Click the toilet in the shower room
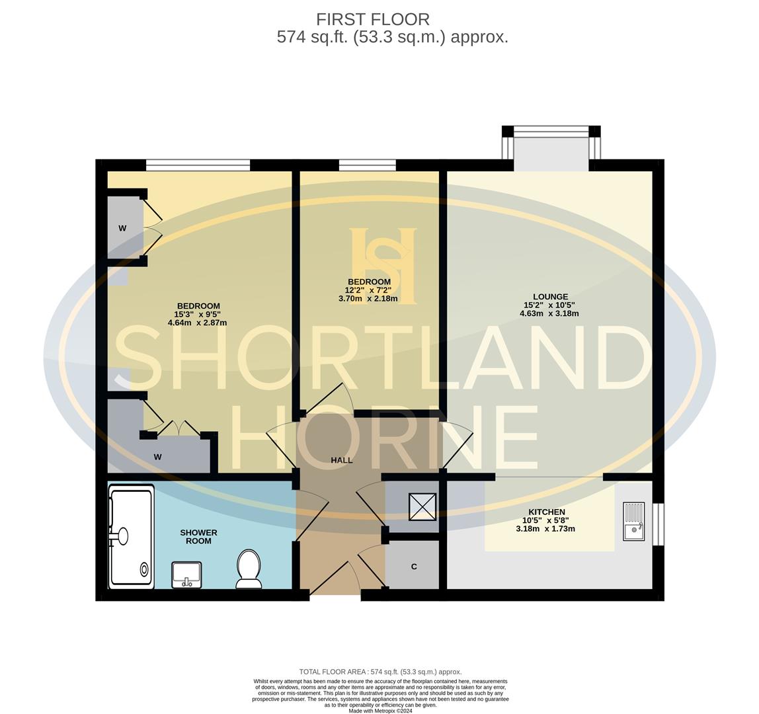(x=249, y=569)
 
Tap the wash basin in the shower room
(x=186, y=575)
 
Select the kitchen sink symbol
(x=633, y=521)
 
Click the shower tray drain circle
(x=144, y=569)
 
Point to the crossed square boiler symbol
(x=422, y=507)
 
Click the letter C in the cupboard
(x=414, y=567)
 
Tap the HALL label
(x=342, y=460)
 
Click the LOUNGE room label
(x=550, y=297)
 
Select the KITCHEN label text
(x=547, y=512)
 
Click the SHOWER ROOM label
(x=198, y=536)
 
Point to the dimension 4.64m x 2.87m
(x=197, y=323)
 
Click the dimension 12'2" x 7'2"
(x=368, y=290)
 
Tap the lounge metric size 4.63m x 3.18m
(x=549, y=313)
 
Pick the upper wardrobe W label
(x=122, y=228)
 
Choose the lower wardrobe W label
(x=157, y=457)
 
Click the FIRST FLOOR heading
(x=373, y=19)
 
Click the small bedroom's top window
(x=368, y=165)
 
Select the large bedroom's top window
(x=198, y=165)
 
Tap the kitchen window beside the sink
(x=659, y=524)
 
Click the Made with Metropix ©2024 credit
(x=380, y=711)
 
